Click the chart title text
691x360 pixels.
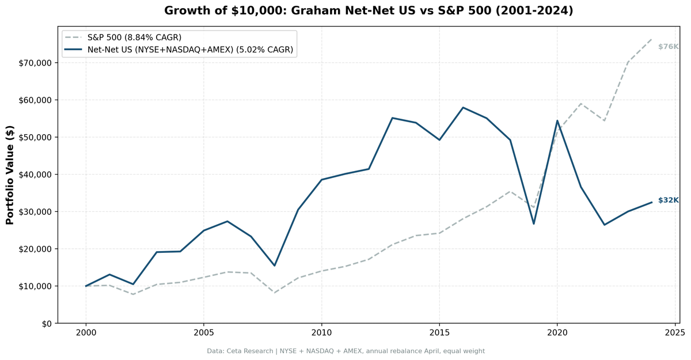(369, 10)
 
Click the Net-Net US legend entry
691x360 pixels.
(190, 50)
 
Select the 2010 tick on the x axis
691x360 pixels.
(321, 333)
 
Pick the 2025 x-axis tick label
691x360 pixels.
(675, 333)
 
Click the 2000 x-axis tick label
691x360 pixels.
(86, 333)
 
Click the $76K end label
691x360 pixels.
(668, 47)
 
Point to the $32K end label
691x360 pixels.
(668, 200)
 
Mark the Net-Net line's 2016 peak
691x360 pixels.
(463, 108)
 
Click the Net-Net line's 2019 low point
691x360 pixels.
(534, 223)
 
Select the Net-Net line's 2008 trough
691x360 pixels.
(275, 266)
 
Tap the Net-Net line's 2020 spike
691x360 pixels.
(557, 120)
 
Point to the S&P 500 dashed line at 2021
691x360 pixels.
(581, 104)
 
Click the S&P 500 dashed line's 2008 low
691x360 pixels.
(275, 293)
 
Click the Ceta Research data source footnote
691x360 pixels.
(345, 351)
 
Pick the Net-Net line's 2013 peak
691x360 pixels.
(392, 118)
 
